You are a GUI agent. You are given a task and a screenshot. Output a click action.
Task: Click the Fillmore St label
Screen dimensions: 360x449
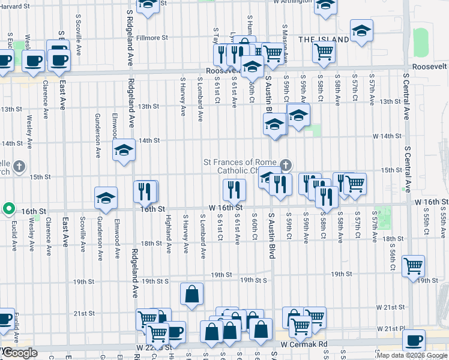151,38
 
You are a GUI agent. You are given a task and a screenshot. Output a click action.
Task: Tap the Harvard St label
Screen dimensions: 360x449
14,6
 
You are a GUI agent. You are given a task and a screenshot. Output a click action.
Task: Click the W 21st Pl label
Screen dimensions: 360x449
391,329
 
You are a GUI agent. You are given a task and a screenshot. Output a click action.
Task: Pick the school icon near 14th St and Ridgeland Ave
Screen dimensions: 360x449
123,149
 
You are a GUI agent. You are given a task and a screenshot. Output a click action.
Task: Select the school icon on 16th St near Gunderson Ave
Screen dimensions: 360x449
106,199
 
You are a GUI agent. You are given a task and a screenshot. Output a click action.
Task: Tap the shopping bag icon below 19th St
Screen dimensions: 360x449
191,294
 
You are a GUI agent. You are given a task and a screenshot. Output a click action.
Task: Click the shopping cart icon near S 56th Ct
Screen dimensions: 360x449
412,265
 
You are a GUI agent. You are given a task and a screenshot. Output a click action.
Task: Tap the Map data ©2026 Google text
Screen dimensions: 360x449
412,355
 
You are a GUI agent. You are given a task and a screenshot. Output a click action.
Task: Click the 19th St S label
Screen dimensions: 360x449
253,280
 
